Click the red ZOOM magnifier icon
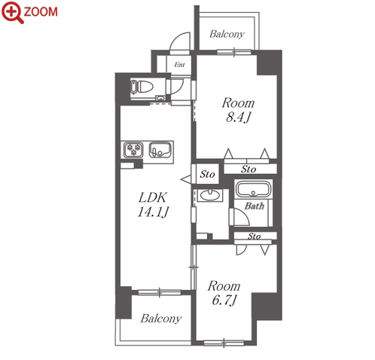click(13, 12)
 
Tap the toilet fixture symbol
click(142, 87)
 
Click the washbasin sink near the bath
click(209, 195)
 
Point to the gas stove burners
click(133, 150)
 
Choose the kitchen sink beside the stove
click(160, 150)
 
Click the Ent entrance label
click(179, 65)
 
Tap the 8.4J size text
click(238, 117)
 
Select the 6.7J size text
click(224, 300)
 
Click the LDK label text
click(152, 197)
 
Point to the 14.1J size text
click(153, 212)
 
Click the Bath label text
click(255, 206)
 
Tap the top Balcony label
click(227, 34)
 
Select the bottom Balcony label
click(161, 319)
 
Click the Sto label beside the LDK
click(207, 174)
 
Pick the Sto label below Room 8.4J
click(248, 169)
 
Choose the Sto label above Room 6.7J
click(255, 236)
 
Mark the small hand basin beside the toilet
click(160, 98)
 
